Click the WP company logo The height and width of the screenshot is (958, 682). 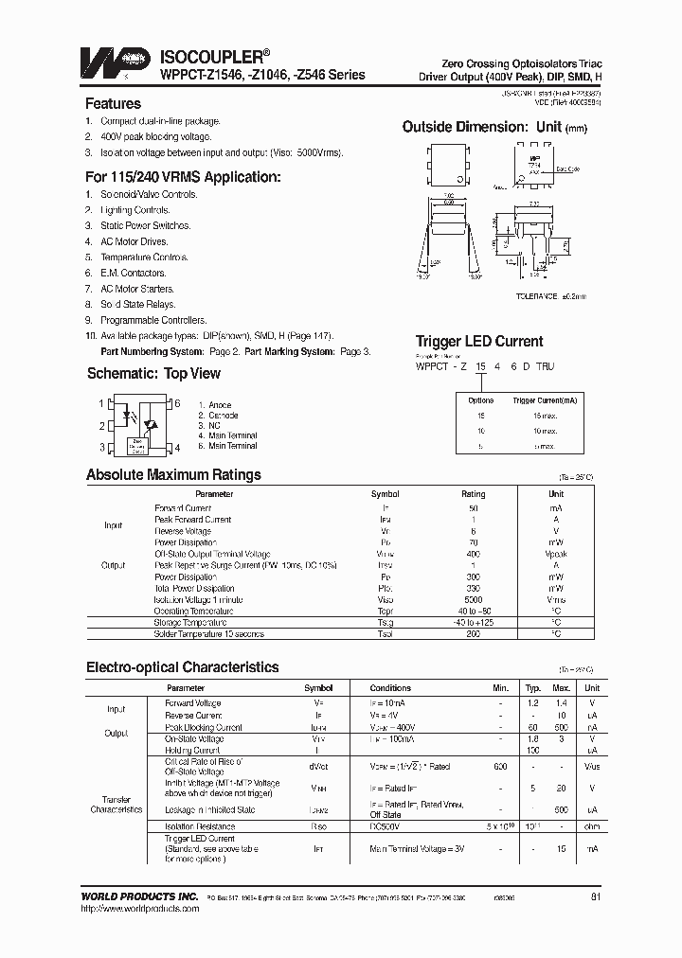click(117, 62)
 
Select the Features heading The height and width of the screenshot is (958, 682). click(113, 104)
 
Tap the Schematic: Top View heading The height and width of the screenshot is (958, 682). click(153, 374)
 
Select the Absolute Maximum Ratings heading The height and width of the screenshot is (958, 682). click(173, 475)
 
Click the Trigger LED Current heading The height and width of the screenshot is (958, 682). click(479, 342)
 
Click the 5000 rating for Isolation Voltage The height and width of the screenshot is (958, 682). click(473, 599)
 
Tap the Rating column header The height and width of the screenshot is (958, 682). click(473, 494)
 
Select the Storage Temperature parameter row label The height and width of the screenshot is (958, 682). click(190, 623)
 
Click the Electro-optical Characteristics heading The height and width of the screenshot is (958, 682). click(182, 667)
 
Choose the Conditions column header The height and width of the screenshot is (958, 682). click(390, 688)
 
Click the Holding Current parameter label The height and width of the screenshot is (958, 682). click(193, 750)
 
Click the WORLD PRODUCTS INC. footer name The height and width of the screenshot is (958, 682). click(140, 896)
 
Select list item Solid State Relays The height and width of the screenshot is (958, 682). click(137, 304)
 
